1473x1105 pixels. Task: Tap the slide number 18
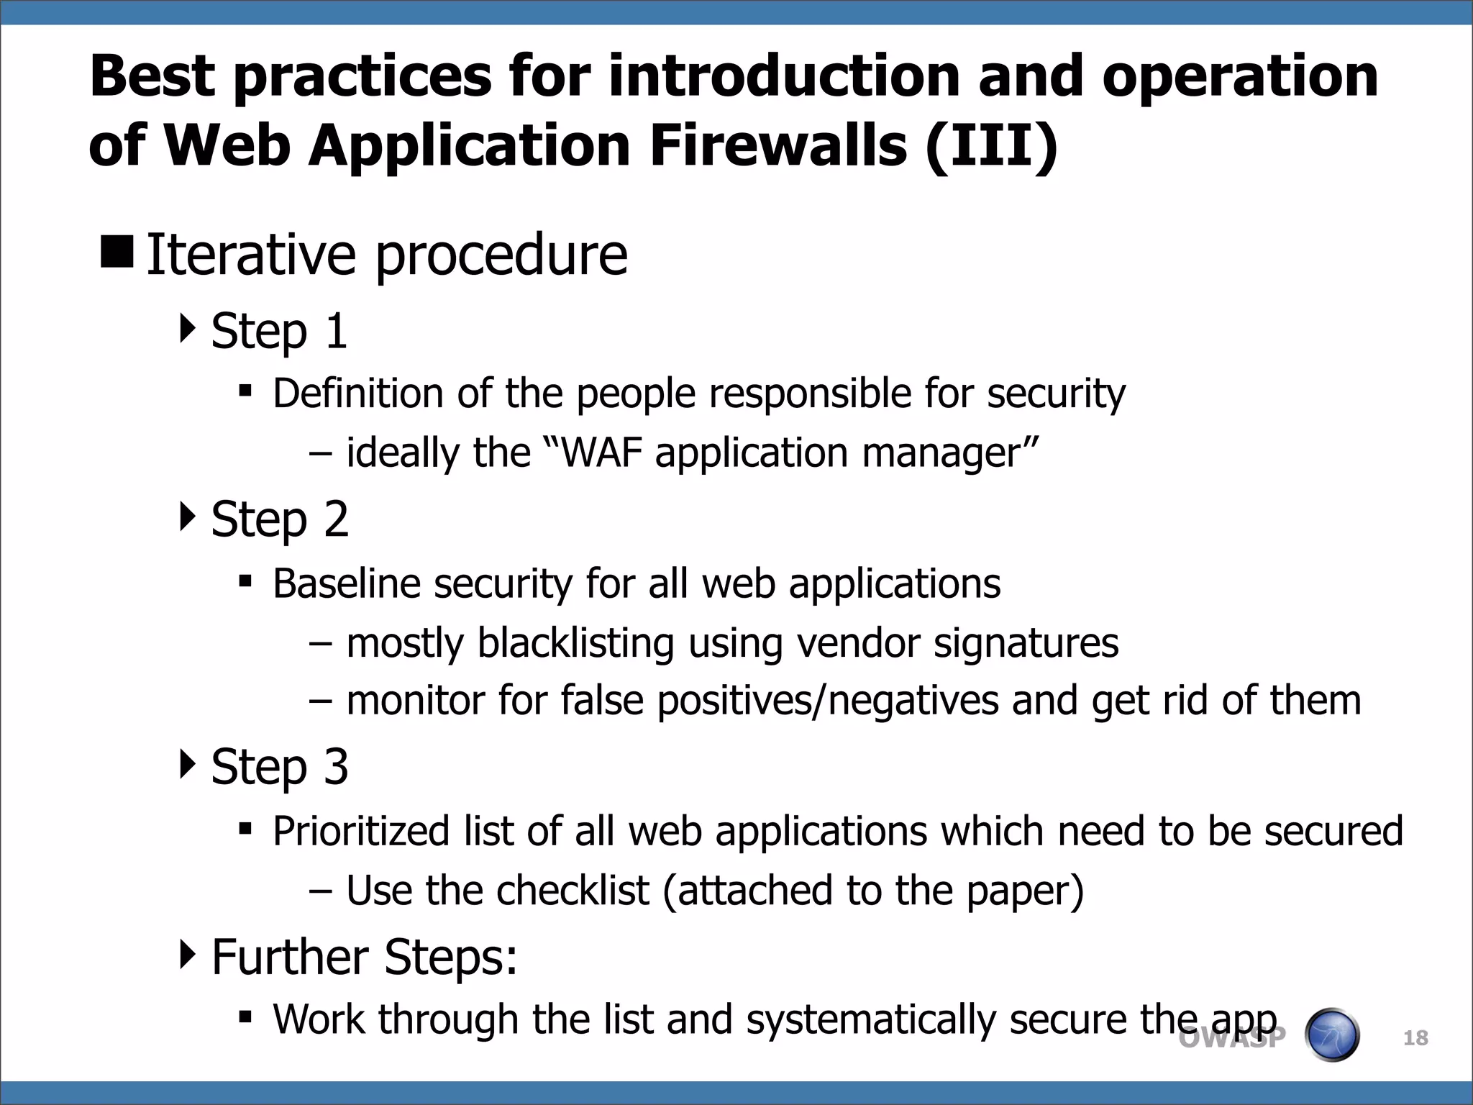[x=1415, y=1038]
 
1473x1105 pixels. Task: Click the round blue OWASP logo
[x=1331, y=1035]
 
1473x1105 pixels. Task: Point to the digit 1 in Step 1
[x=336, y=332]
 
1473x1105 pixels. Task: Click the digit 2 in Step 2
[x=336, y=519]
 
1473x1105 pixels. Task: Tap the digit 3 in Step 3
[x=336, y=767]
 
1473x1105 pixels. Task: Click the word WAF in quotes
[x=601, y=453]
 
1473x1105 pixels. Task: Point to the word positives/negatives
[x=827, y=701]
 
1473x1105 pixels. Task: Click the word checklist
[x=573, y=891]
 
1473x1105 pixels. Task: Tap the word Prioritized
[x=361, y=832]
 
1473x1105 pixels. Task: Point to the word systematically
[x=870, y=1020]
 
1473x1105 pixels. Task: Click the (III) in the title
[x=991, y=146]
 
